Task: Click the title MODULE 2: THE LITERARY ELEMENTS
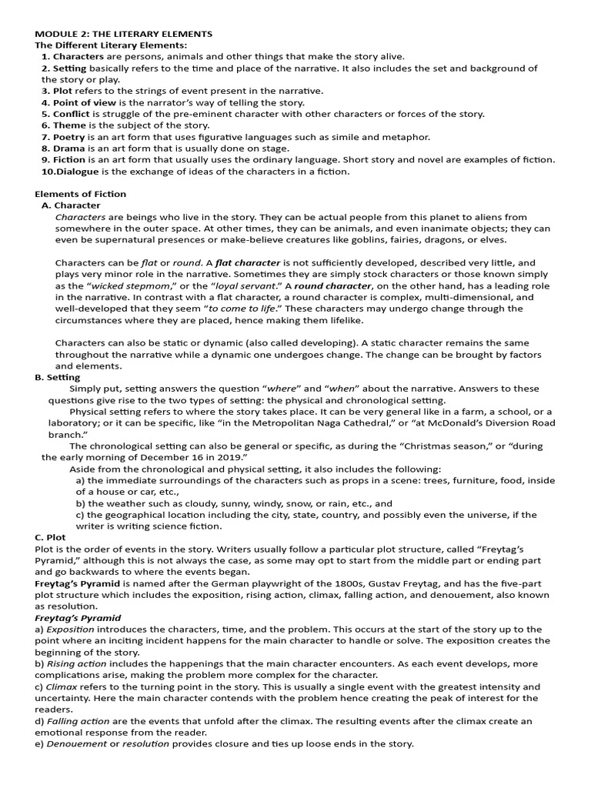coord(124,34)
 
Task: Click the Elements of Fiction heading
coord(81,194)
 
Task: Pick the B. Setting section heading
coord(58,377)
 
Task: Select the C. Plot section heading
coord(51,537)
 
